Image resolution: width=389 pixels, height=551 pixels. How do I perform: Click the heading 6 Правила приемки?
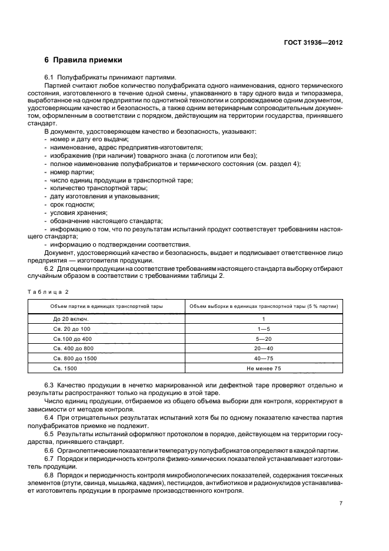pyautogui.click(x=84, y=60)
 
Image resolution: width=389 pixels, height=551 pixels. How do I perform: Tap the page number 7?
pyautogui.click(x=341, y=503)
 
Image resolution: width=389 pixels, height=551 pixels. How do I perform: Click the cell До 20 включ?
pyautogui.click(x=66, y=318)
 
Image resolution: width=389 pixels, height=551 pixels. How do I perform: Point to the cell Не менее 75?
pyautogui.click(x=263, y=369)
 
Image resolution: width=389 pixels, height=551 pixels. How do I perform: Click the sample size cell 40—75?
pyautogui.click(x=263, y=359)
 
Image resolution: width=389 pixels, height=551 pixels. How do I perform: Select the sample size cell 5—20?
pyautogui.click(x=263, y=338)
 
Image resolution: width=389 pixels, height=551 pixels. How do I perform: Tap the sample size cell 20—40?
pyautogui.click(x=263, y=348)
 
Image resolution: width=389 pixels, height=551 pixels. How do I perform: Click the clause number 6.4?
pyautogui.click(x=49, y=418)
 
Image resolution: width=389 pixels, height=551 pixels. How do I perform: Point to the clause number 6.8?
pyautogui.click(x=49, y=475)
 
